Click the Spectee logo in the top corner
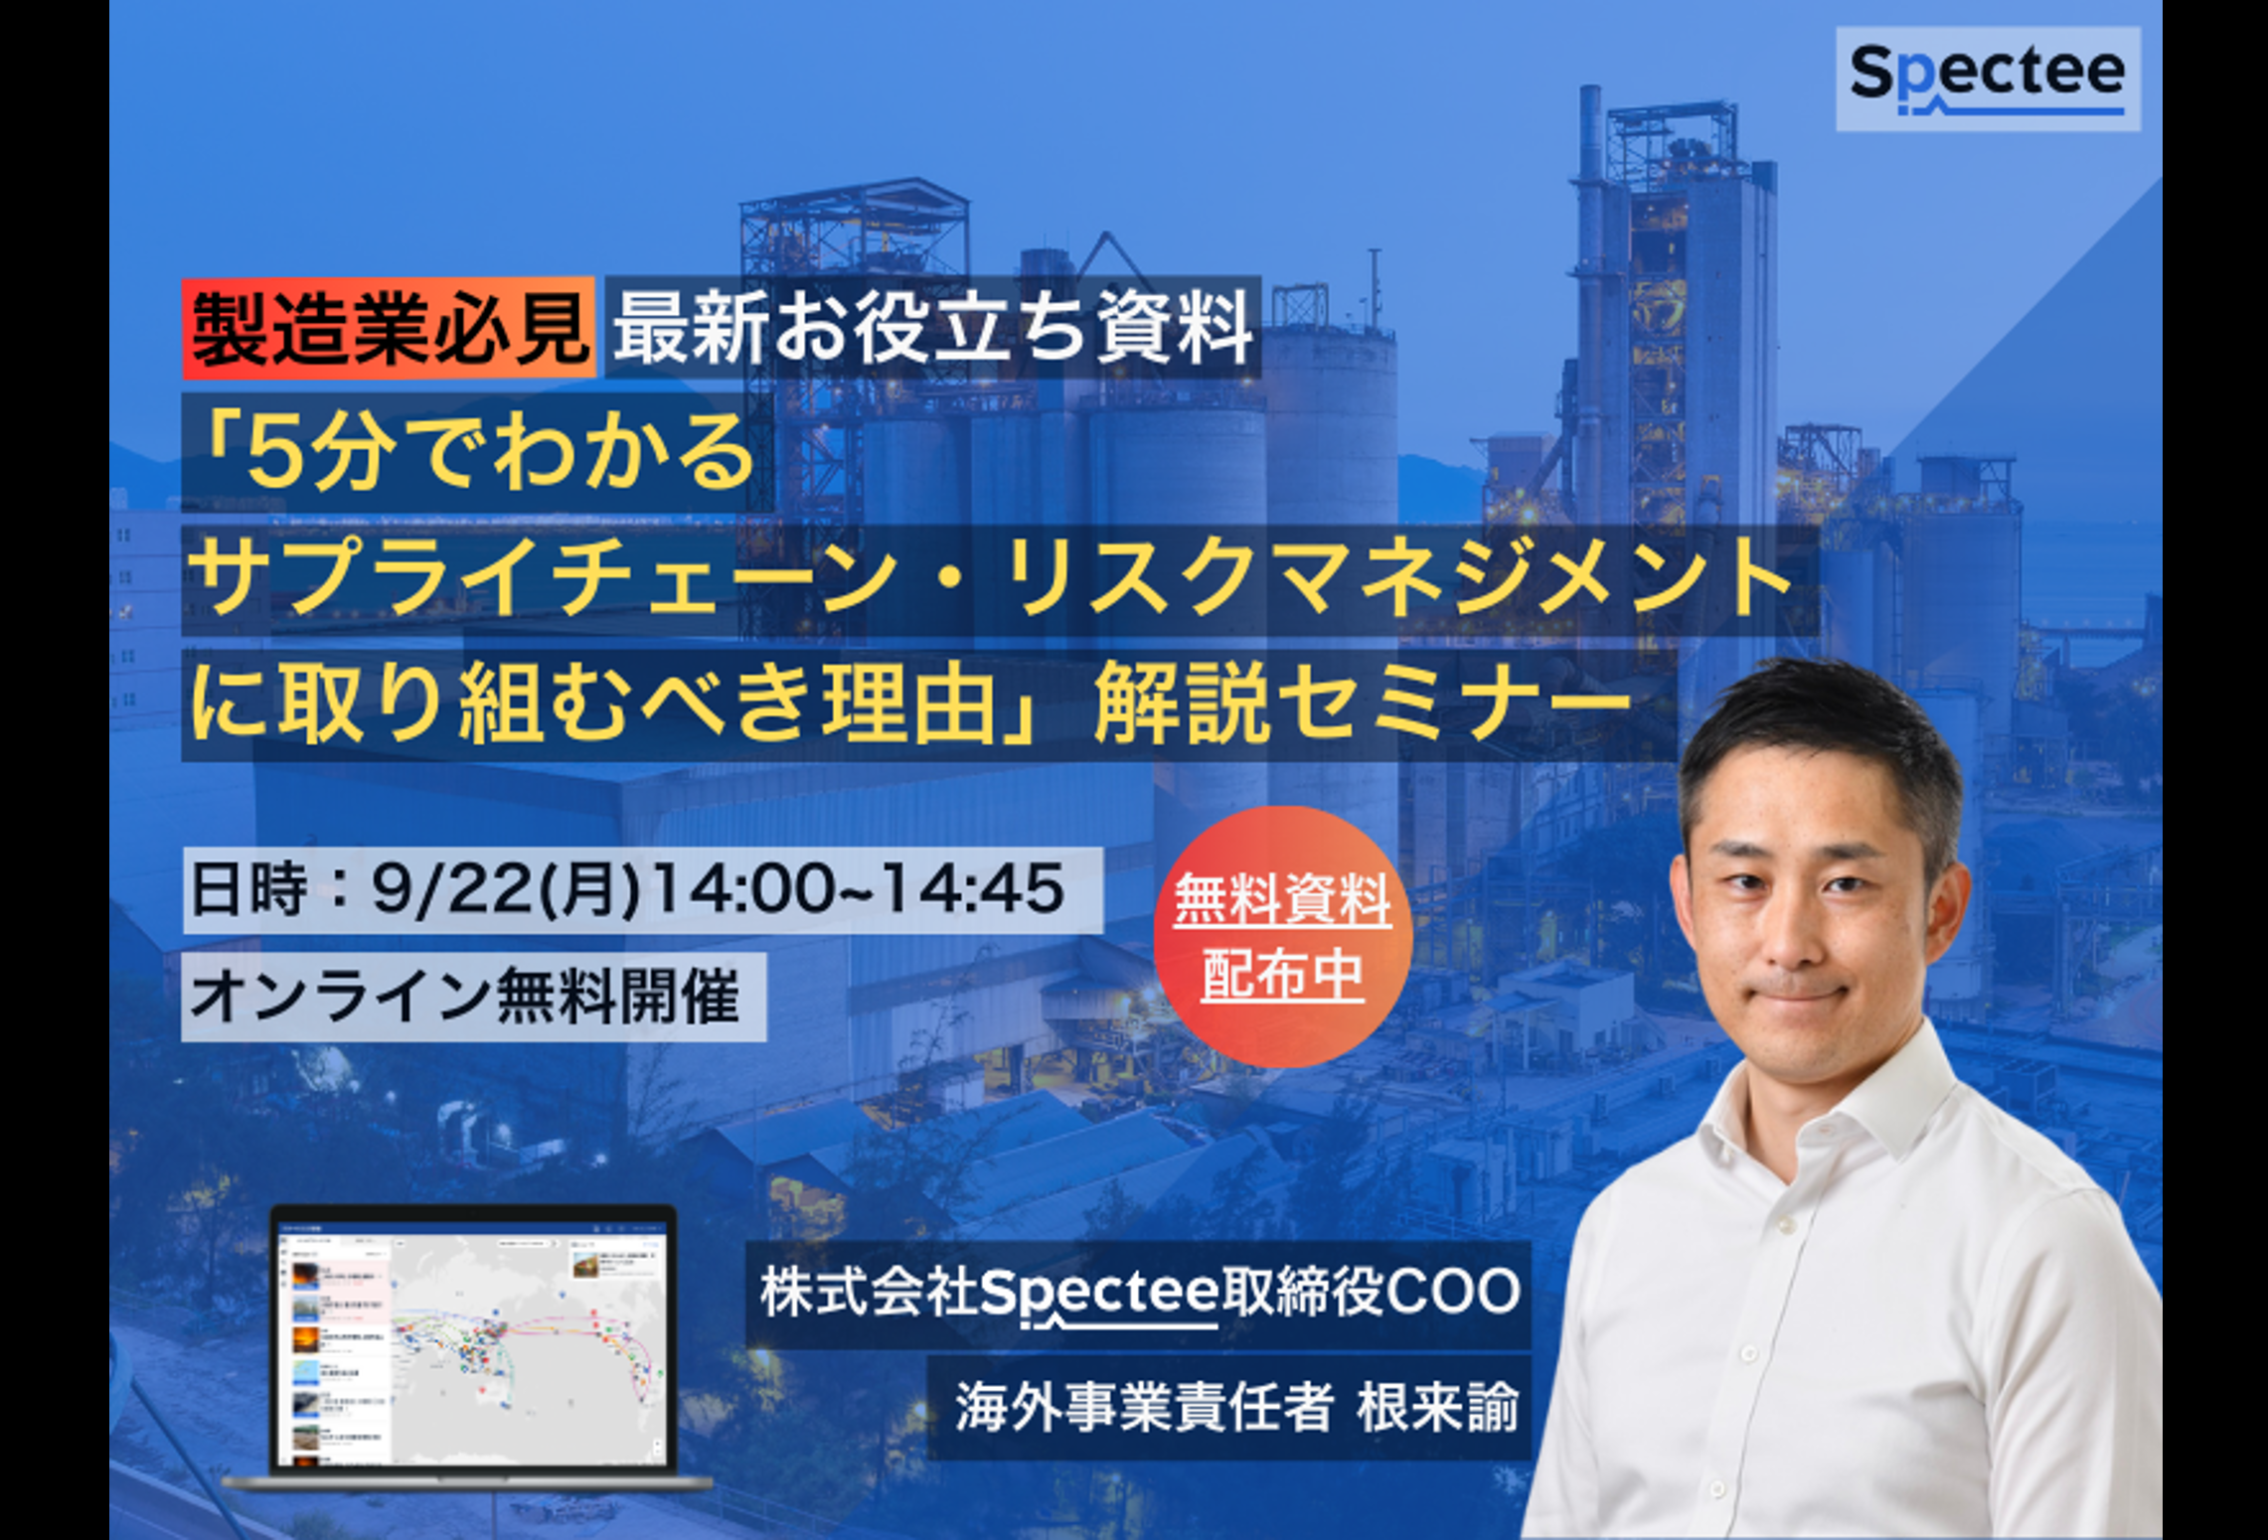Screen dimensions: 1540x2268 pos(1987,78)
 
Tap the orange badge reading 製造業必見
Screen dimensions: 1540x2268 pos(389,329)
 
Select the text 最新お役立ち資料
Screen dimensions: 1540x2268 pos(932,329)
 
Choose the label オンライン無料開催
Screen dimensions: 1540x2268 pos(466,997)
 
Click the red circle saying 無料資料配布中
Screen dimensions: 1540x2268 pos(1282,936)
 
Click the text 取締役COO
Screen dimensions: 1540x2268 pos(1373,1292)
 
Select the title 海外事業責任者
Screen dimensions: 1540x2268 pos(1143,1408)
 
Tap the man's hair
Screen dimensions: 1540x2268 pos(1819,725)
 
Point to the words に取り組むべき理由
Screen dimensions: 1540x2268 pos(596,704)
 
